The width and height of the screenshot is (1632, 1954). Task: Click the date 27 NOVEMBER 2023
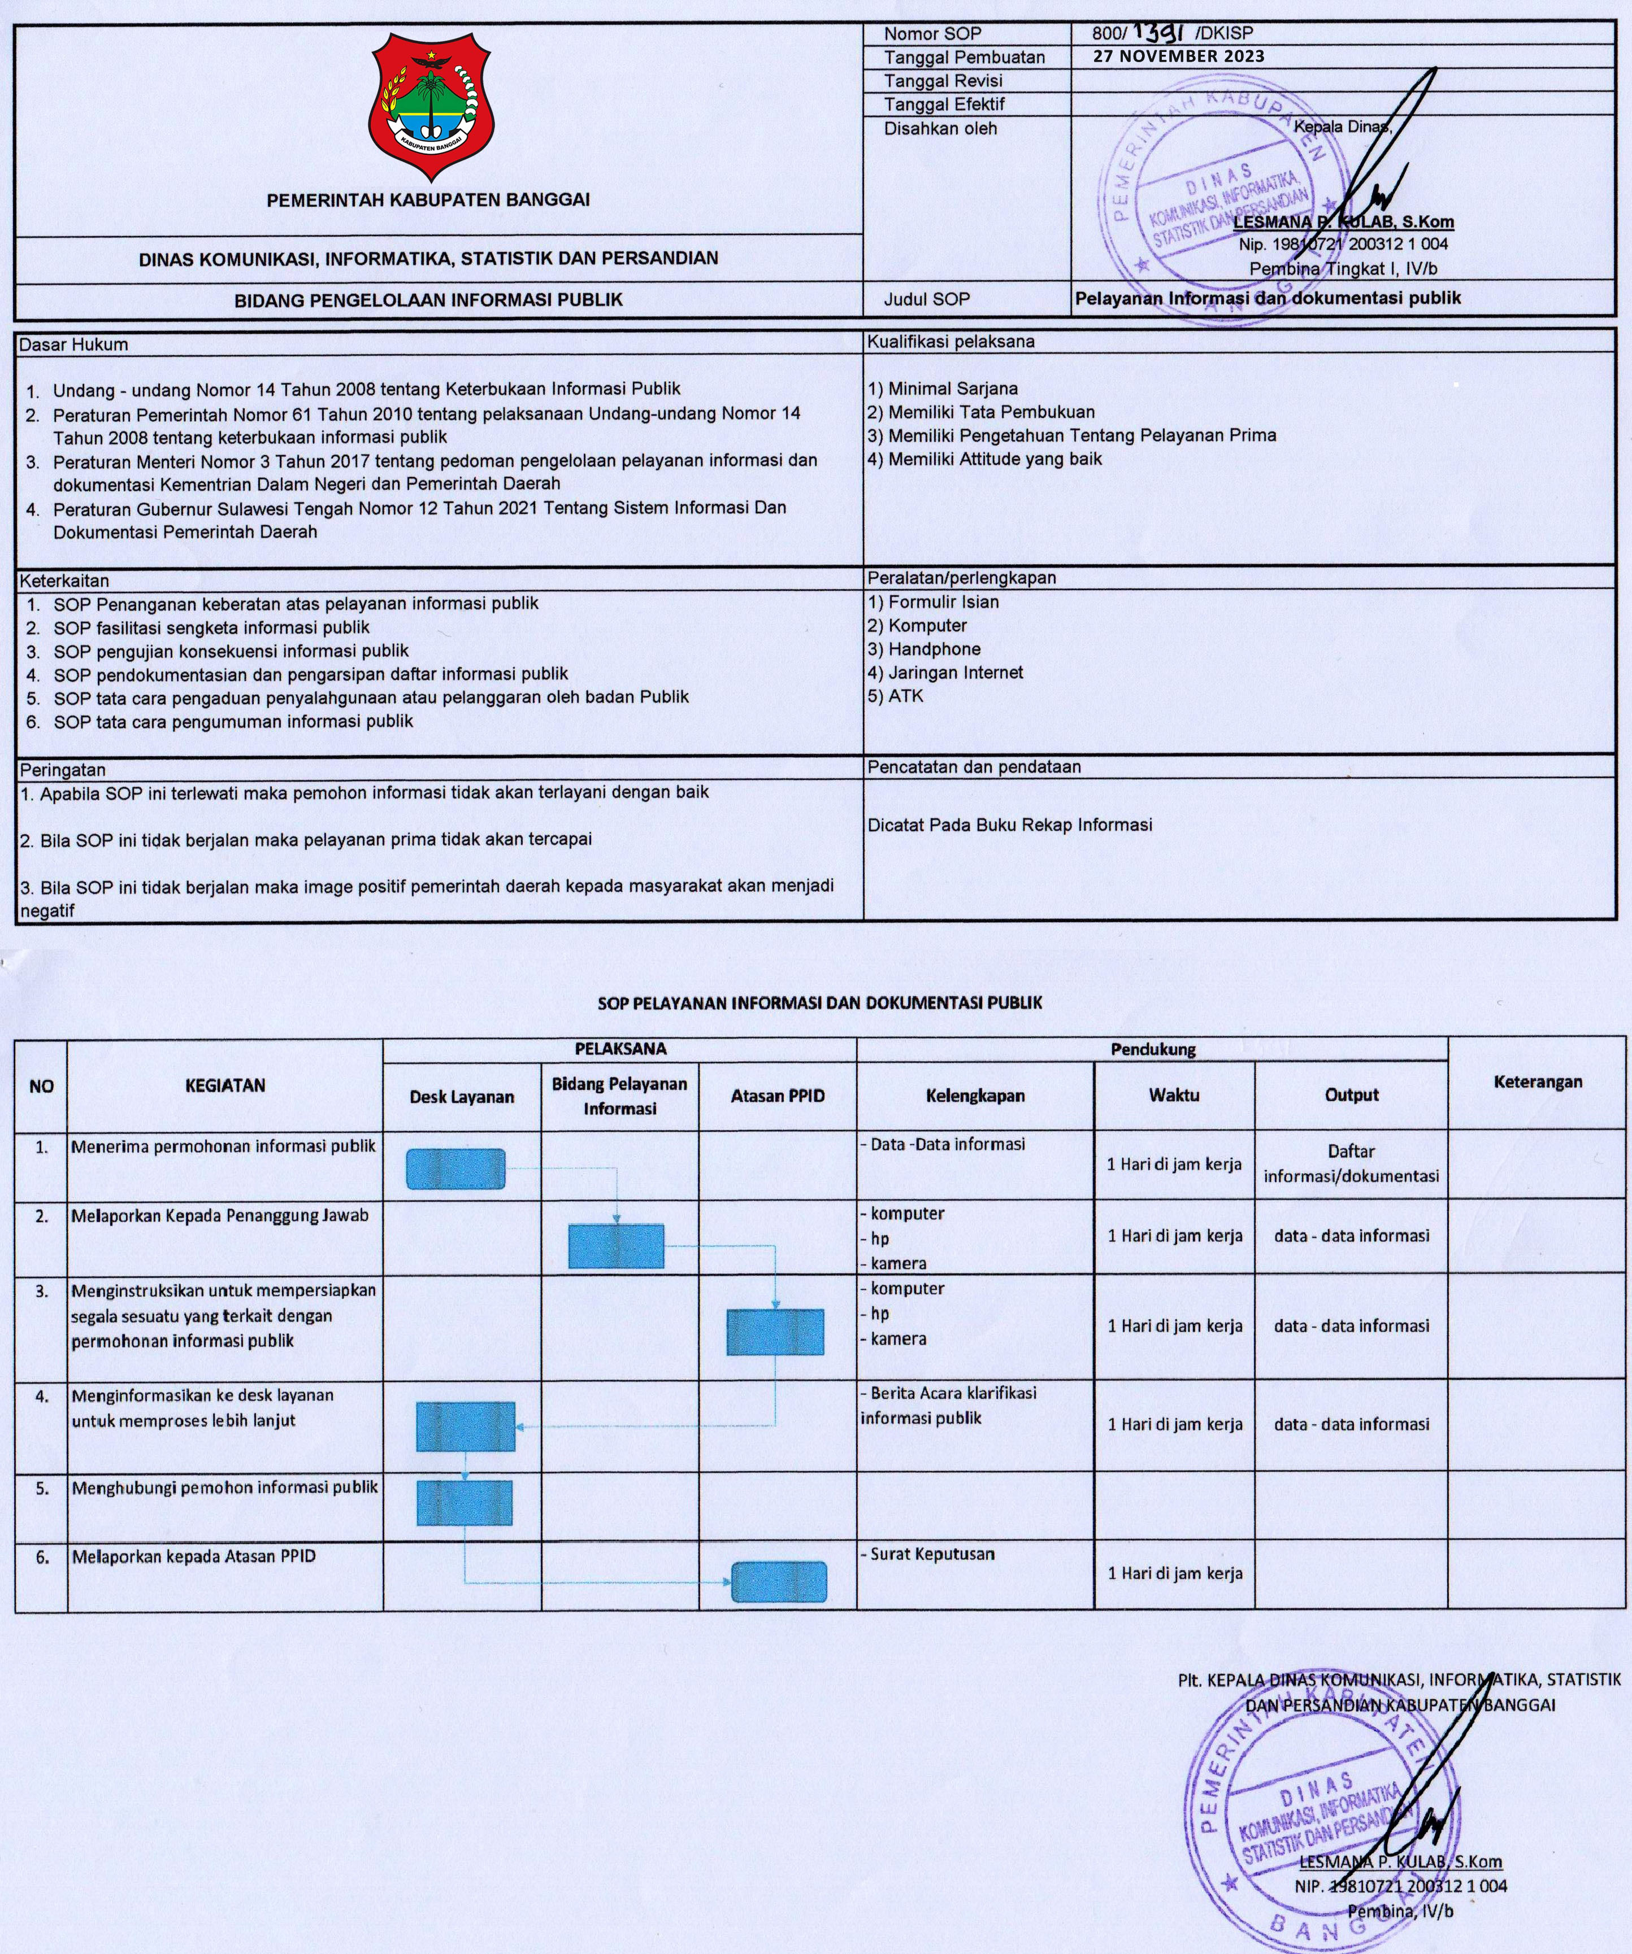(1179, 56)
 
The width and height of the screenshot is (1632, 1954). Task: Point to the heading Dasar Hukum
(73, 344)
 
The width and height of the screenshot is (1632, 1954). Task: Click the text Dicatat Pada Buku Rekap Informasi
(1009, 825)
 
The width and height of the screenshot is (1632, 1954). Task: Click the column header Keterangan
(1538, 1081)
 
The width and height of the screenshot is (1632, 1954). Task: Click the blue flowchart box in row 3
(775, 1332)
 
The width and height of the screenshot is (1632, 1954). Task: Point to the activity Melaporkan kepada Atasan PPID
(194, 1556)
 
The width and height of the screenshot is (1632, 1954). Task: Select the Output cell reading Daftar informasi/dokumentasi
(1351, 1163)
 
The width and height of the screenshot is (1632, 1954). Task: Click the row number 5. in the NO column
(42, 1488)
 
